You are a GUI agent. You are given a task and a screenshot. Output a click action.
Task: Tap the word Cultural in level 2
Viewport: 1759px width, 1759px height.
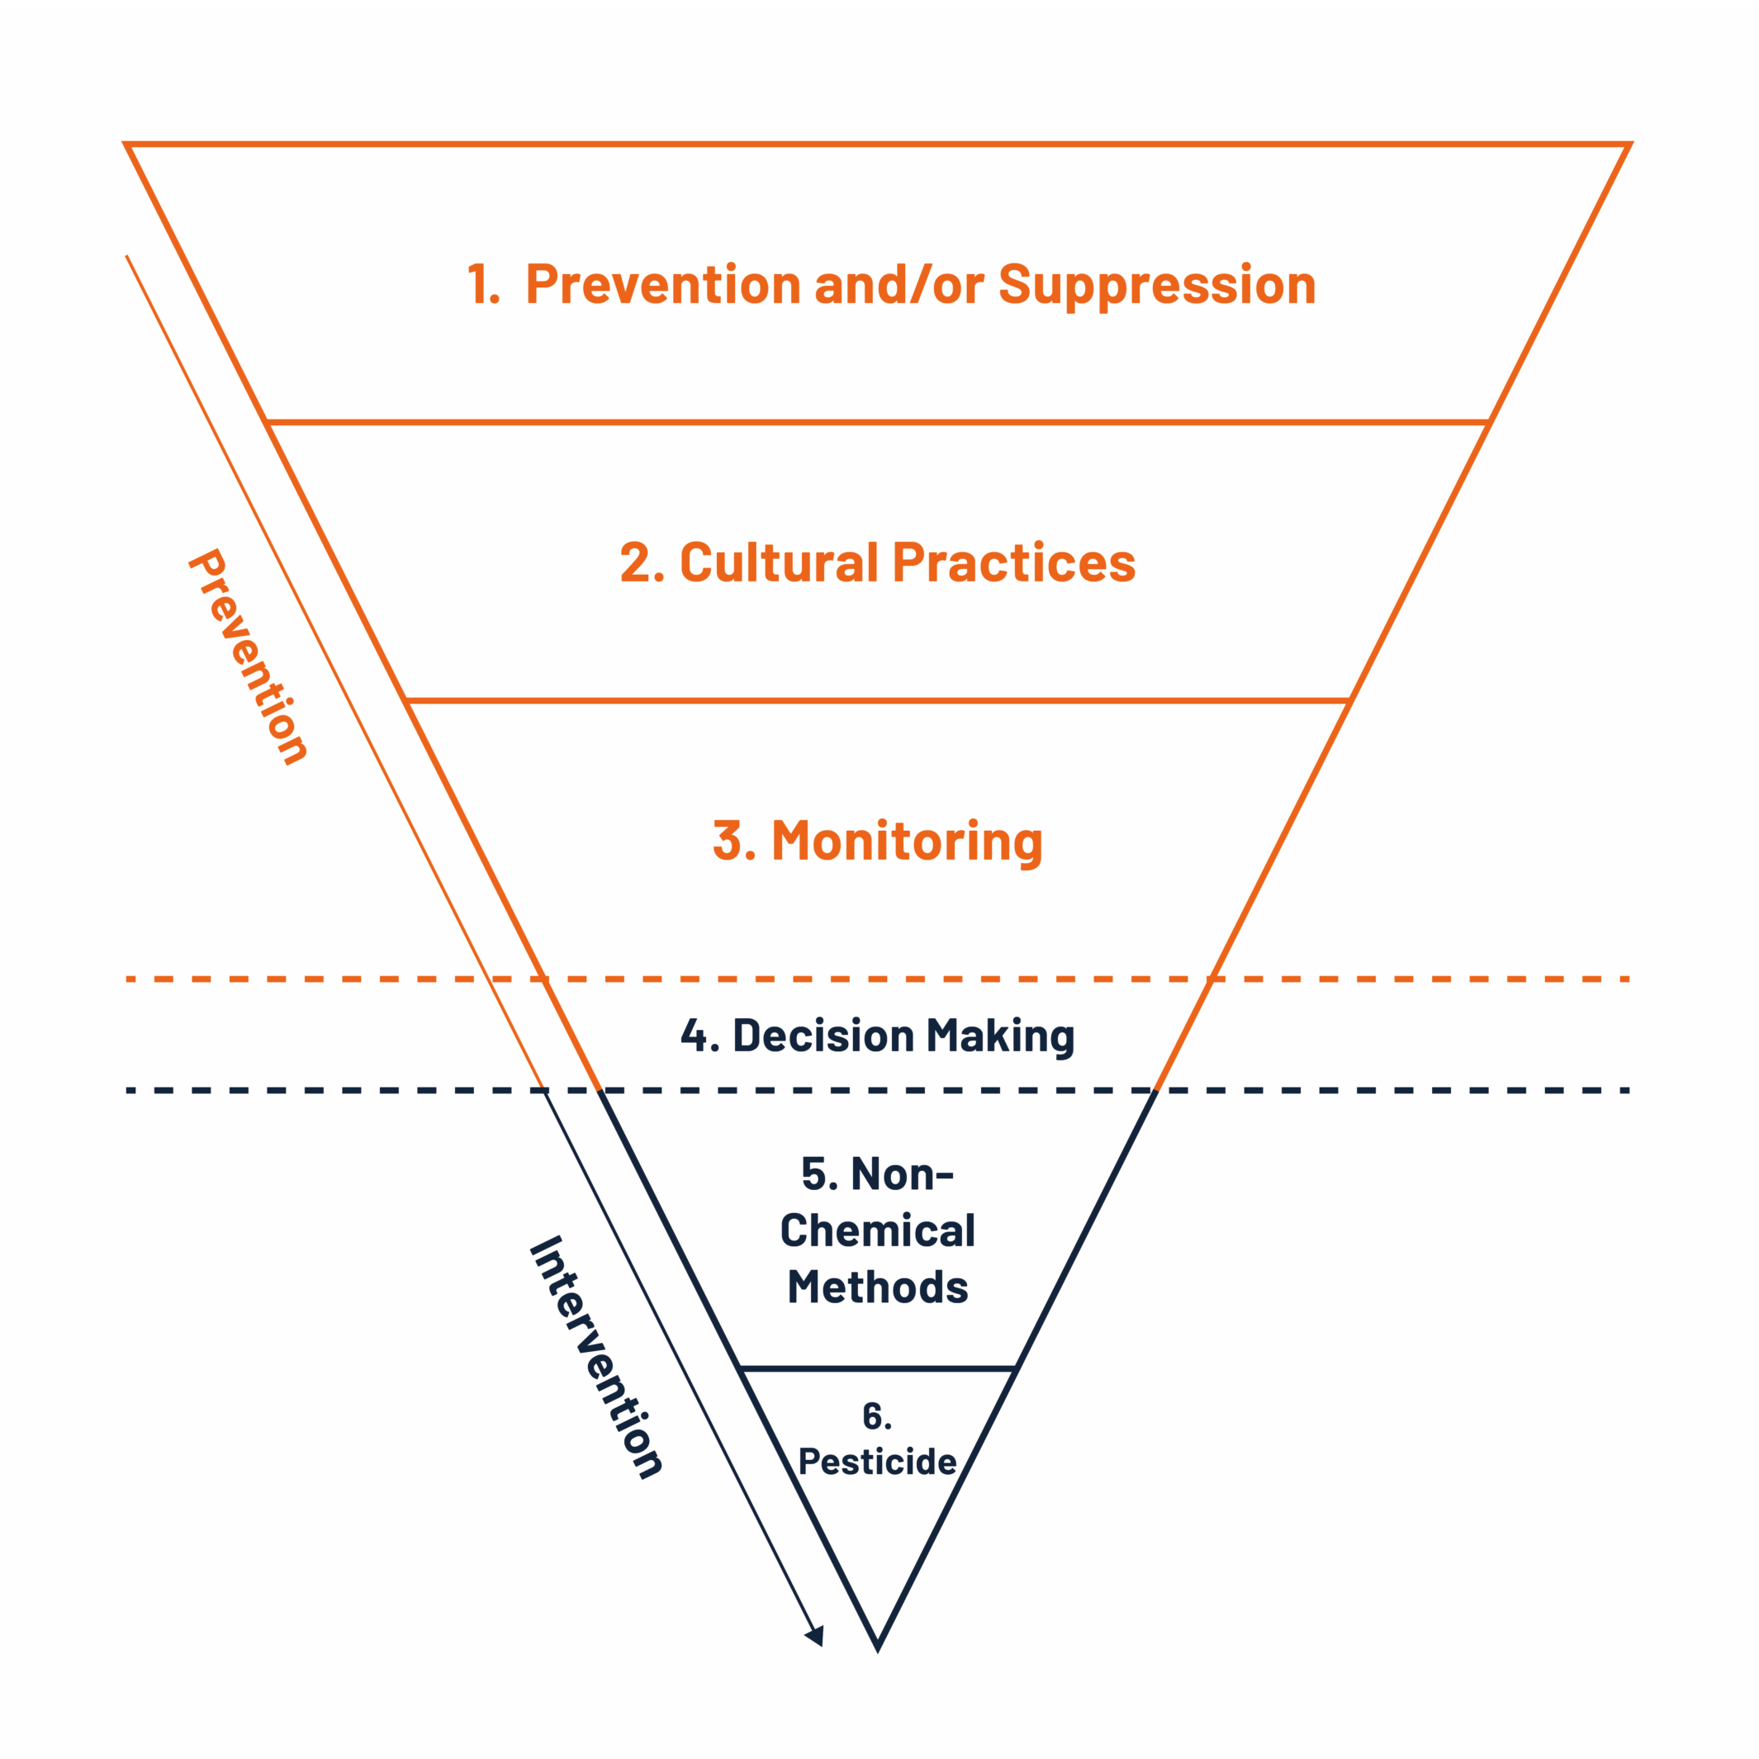click(779, 562)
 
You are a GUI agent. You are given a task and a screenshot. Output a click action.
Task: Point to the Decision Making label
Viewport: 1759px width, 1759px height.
click(878, 1036)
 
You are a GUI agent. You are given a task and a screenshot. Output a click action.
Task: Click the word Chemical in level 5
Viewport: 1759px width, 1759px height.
click(878, 1231)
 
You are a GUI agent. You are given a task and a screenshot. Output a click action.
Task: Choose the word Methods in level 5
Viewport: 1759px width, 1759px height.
click(878, 1287)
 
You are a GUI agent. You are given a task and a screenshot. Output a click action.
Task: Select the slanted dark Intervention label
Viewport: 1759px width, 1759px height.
click(596, 1357)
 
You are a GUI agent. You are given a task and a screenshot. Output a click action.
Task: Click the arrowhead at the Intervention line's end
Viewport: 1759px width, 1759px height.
click(816, 1635)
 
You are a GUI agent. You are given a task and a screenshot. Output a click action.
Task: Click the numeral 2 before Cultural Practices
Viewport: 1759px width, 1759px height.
click(638, 562)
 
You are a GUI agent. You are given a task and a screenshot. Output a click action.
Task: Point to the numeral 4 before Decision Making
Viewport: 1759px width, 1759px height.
click(695, 1036)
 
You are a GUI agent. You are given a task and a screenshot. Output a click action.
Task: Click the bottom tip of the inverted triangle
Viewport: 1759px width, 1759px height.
click(878, 1646)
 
